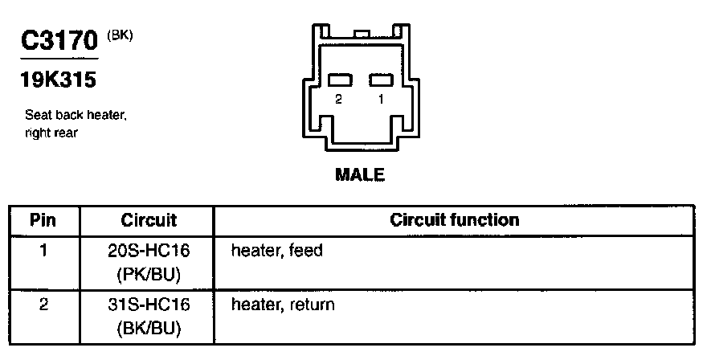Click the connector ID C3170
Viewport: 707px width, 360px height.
tap(59, 43)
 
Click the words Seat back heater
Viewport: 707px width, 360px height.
tap(76, 116)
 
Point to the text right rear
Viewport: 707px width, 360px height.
tap(51, 133)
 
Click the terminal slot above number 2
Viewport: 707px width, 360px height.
tap(341, 80)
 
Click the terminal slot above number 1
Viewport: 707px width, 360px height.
tap(380, 80)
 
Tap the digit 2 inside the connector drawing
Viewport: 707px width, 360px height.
tap(339, 100)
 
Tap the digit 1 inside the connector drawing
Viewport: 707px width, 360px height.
tap(380, 100)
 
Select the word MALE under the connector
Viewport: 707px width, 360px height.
tap(359, 174)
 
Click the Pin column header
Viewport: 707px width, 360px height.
tap(44, 219)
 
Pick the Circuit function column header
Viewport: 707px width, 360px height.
tap(454, 219)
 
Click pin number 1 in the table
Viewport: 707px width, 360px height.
tap(44, 251)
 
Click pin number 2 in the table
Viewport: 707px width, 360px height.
tap(44, 305)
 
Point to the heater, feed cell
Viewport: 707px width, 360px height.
tap(276, 251)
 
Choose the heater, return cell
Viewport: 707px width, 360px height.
tap(283, 305)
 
